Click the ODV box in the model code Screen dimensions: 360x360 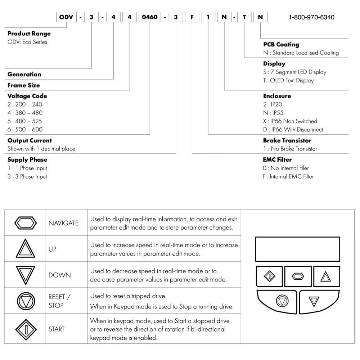[67, 17]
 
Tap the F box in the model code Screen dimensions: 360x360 [192, 17]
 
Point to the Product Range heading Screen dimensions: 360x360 [29, 33]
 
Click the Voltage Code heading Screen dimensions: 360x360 [27, 96]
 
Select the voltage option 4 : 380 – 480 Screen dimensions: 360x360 [25, 113]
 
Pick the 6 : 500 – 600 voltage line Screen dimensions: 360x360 [25, 129]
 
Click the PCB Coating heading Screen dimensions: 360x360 [281, 44]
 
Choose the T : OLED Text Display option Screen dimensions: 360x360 [288, 80]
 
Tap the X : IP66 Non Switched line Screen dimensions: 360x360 [290, 121]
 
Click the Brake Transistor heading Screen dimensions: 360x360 [287, 140]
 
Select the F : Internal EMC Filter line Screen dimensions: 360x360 [288, 176]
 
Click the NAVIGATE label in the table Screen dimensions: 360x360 [63, 223]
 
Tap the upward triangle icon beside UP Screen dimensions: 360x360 [25, 249]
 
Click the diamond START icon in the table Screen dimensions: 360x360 [25, 329]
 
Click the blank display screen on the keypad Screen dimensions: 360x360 [297, 249]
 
